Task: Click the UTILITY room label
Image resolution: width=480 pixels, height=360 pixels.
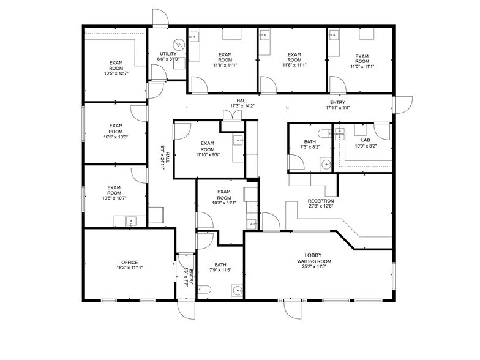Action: (168, 54)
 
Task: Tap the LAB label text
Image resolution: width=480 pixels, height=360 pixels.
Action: (366, 140)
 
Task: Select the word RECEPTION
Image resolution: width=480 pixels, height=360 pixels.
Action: (321, 201)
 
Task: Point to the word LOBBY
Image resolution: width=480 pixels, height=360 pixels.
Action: (313, 255)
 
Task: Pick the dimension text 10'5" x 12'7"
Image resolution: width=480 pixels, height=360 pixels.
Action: (115, 73)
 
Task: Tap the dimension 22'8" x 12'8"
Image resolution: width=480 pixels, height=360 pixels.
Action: (321, 207)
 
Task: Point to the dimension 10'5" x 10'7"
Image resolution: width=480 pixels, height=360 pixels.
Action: (115, 198)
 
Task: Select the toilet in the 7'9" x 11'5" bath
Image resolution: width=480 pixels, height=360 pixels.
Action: (206, 289)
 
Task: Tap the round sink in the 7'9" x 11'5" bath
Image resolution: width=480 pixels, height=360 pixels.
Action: (236, 290)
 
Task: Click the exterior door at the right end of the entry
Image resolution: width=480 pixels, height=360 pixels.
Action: (402, 105)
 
